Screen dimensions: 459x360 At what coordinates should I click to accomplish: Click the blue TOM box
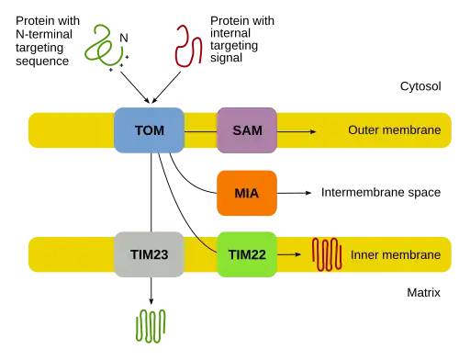(149, 130)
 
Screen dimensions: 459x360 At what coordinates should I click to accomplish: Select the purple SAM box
(247, 130)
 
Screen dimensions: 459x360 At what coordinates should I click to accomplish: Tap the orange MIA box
(247, 193)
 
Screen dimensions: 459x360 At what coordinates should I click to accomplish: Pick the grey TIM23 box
(149, 254)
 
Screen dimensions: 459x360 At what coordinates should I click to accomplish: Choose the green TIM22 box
(247, 254)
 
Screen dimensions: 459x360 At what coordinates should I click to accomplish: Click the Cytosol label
(420, 86)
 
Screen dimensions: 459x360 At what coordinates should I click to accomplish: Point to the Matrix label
(423, 293)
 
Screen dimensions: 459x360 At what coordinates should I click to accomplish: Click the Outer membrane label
(395, 130)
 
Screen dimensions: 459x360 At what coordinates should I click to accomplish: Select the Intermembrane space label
(381, 193)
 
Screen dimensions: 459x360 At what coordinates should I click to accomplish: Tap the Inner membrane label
(396, 254)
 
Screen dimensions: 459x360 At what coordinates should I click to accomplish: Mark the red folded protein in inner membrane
(327, 254)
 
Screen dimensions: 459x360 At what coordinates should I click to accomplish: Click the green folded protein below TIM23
(151, 326)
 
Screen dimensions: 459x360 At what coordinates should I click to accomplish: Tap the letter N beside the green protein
(124, 38)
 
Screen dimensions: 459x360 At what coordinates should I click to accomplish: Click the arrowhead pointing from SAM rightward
(313, 131)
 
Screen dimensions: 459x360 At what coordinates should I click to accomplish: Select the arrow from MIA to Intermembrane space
(294, 193)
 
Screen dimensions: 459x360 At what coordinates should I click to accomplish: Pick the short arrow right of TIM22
(289, 254)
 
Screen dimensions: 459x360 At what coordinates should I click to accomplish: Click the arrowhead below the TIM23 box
(151, 301)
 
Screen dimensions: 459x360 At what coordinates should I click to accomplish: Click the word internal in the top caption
(230, 33)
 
